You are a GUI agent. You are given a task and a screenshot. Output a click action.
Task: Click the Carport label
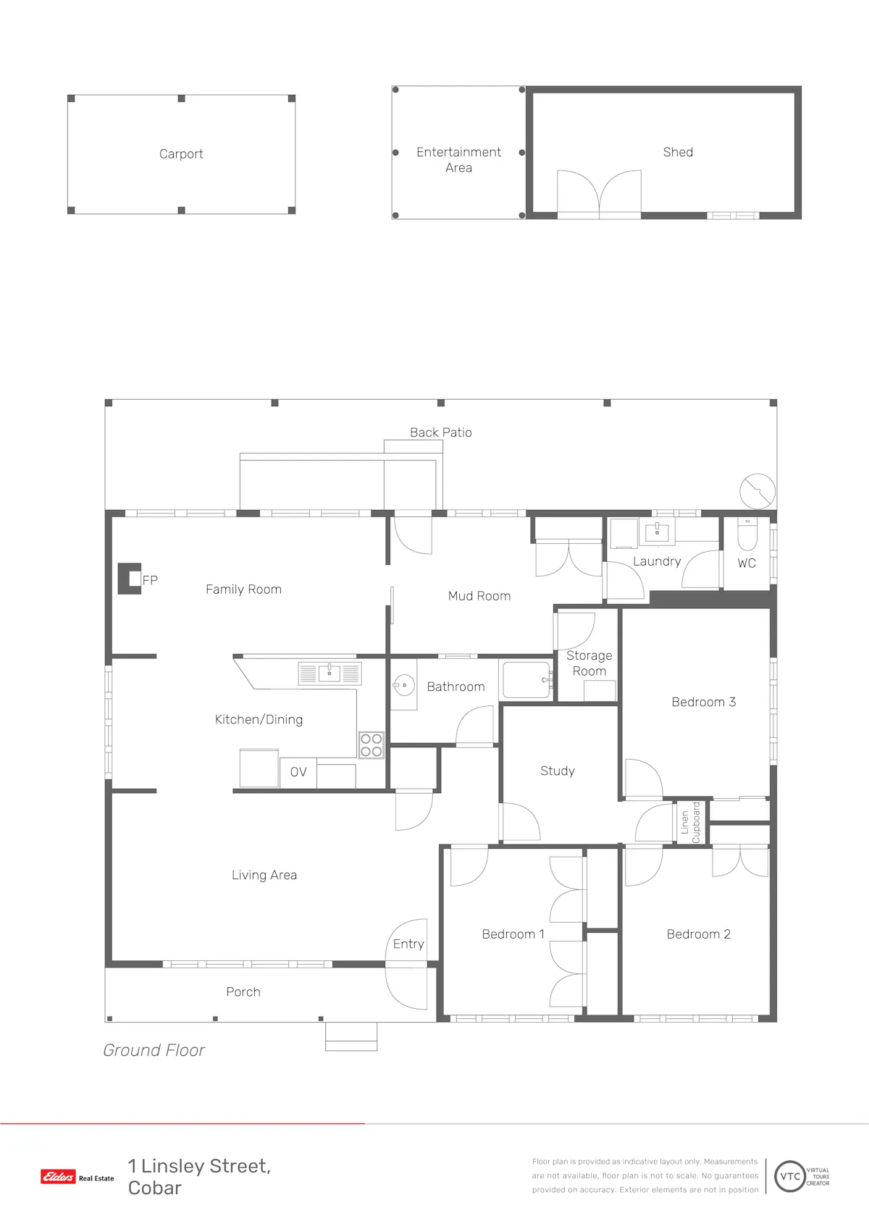click(x=181, y=154)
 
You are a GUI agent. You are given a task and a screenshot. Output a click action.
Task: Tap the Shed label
click(x=678, y=152)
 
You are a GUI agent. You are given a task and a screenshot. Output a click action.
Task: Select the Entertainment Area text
click(x=458, y=159)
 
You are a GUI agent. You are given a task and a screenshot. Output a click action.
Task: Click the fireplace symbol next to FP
click(x=130, y=578)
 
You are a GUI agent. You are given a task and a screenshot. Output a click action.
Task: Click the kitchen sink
click(x=329, y=674)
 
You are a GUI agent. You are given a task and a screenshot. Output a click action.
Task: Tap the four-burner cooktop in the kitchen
click(x=371, y=745)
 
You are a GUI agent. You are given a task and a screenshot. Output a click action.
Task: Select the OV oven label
click(x=298, y=772)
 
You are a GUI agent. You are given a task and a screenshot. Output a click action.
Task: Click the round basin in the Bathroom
click(x=404, y=685)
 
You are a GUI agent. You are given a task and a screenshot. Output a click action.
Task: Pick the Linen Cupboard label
click(x=690, y=823)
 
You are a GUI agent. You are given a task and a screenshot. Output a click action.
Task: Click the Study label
click(x=558, y=771)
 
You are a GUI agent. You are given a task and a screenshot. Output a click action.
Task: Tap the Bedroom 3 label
click(x=703, y=702)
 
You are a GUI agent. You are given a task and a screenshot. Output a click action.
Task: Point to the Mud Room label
click(x=479, y=596)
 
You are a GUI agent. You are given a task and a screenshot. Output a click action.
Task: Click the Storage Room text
click(x=589, y=663)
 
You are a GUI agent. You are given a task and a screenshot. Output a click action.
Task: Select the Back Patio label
click(x=440, y=432)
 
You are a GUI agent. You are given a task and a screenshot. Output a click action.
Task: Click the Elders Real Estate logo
click(x=77, y=1176)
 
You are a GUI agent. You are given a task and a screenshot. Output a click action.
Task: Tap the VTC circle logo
click(x=789, y=1176)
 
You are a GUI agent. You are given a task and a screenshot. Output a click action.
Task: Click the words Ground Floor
click(x=154, y=1050)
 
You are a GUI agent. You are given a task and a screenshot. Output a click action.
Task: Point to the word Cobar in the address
click(x=155, y=1188)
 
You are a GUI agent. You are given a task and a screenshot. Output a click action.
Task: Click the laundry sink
click(x=657, y=531)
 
